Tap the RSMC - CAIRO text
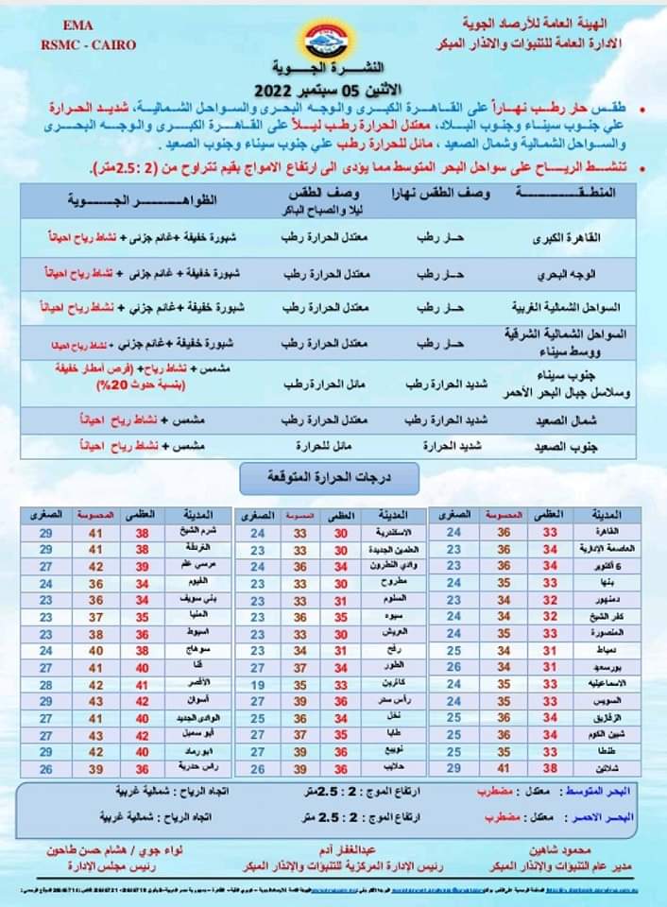88,44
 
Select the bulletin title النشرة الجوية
333,71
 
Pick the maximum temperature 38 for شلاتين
549,767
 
